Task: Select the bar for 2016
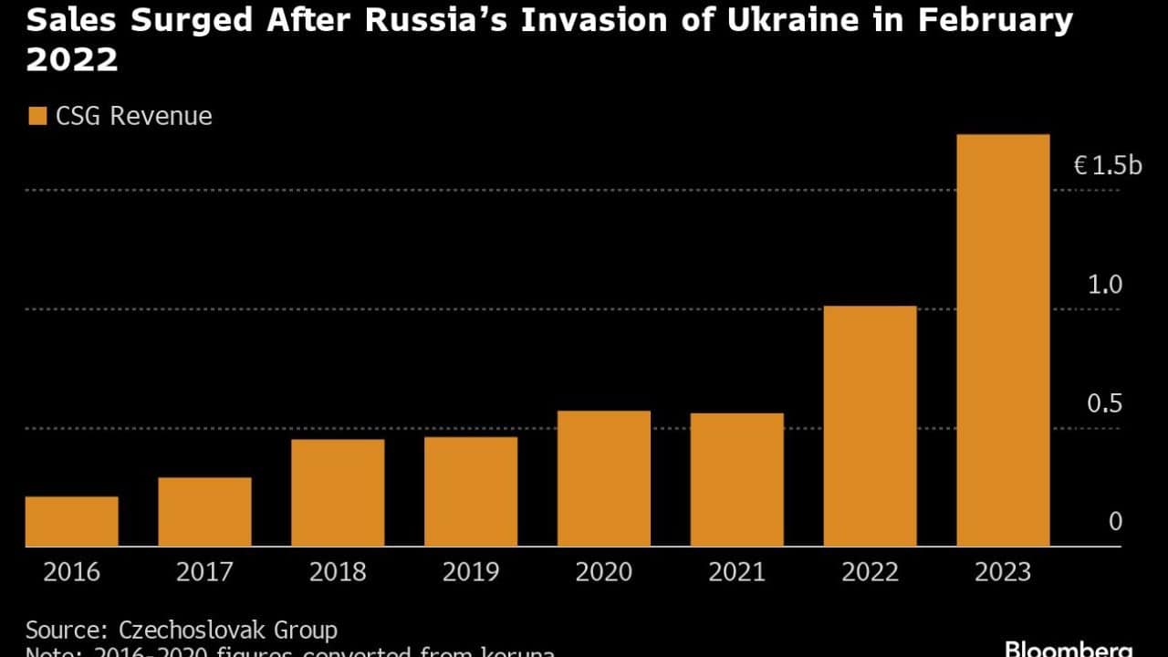(x=71, y=521)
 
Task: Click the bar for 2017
(x=204, y=512)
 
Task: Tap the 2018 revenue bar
(x=338, y=493)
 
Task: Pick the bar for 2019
(x=471, y=492)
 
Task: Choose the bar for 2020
(x=604, y=478)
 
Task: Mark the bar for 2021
(x=737, y=480)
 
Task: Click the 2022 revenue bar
(x=870, y=426)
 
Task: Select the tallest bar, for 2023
(x=1003, y=340)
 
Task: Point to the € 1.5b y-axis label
(x=1107, y=165)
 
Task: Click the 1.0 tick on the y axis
(x=1104, y=285)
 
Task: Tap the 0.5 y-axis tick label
(x=1104, y=403)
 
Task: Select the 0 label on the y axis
(x=1115, y=522)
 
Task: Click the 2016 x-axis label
(x=71, y=572)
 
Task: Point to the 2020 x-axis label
(x=604, y=572)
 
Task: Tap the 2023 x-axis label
(x=1003, y=572)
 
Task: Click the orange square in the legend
(x=36, y=116)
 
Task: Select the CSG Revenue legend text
(x=133, y=116)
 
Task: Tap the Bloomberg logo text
(x=1068, y=649)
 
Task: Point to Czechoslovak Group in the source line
(x=228, y=630)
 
